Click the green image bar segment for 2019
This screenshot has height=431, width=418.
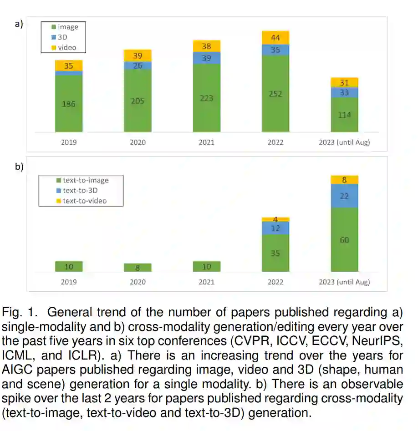69,103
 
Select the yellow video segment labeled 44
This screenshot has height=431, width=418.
275,38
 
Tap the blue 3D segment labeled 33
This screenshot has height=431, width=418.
345,92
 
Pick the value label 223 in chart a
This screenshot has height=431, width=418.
206,98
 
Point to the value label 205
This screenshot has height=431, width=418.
138,101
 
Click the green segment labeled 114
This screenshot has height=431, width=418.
345,115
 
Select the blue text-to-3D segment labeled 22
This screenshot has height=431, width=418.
345,196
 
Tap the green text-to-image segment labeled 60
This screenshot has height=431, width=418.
345,240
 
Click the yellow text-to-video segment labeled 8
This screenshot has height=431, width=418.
345,180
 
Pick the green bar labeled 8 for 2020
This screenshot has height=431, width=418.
138,268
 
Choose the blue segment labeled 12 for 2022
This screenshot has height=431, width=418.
275,228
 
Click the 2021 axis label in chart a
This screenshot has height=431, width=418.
206,142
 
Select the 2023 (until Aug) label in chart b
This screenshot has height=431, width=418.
345,282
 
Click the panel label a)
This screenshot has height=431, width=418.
19,24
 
